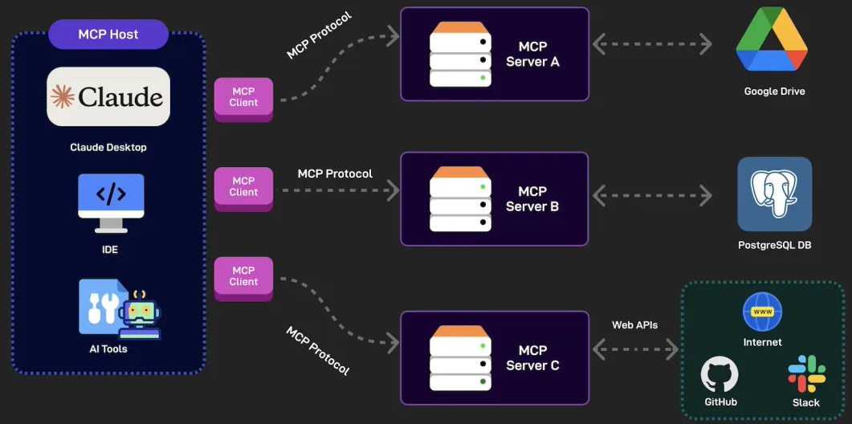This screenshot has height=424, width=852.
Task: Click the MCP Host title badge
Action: pos(108,35)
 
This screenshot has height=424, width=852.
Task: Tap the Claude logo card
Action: pos(108,96)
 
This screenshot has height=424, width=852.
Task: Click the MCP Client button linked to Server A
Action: pos(243,100)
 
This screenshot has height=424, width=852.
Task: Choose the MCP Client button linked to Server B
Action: pos(243,189)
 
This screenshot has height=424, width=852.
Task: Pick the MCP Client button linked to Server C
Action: pos(243,279)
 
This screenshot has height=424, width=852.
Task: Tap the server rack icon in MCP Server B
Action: pos(460,198)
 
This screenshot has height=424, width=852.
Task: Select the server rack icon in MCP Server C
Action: pos(460,357)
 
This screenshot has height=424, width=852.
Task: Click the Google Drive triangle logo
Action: pos(772,39)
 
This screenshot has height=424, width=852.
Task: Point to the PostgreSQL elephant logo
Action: pos(774,194)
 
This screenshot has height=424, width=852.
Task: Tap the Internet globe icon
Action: pos(762,312)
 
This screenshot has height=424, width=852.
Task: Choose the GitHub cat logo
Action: pos(720,374)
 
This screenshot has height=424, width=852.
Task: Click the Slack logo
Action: pos(806,374)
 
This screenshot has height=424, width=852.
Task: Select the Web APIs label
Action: pos(634,325)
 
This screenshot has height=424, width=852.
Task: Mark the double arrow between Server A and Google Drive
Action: pos(652,44)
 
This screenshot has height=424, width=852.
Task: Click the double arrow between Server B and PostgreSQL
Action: pos(652,195)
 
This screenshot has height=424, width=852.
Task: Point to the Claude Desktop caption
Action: pos(108,147)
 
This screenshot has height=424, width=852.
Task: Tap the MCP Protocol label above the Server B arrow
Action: pos(335,174)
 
